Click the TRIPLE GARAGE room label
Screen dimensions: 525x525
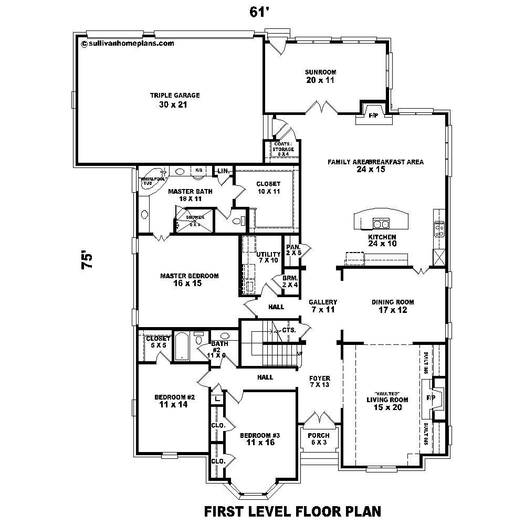[167, 100]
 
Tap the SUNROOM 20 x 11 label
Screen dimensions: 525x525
[320, 76]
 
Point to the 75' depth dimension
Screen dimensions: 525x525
[88, 261]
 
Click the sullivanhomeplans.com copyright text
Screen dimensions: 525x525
[128, 44]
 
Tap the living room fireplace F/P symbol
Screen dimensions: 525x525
[432, 398]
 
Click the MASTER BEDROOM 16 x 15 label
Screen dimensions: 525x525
[189, 279]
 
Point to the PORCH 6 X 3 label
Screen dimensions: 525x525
[319, 439]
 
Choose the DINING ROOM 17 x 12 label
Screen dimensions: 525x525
[393, 306]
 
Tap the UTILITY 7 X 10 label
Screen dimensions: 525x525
[268, 257]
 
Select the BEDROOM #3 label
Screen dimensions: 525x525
[260, 439]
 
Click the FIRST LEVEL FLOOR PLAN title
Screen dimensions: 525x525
[292, 510]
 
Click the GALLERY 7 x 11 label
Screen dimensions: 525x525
[322, 306]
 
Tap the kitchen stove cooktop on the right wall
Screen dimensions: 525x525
[438, 229]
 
